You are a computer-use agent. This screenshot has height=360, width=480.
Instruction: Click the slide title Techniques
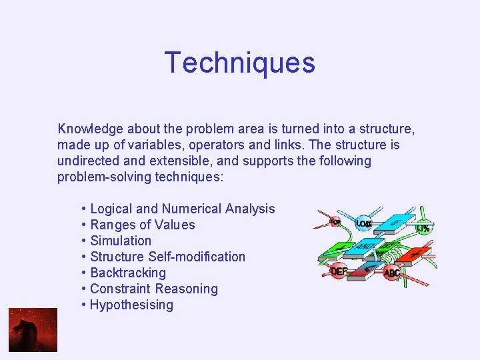coord(239,63)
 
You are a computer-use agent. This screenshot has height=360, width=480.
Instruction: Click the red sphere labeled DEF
coord(339,271)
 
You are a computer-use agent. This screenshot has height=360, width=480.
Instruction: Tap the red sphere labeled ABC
coord(393,273)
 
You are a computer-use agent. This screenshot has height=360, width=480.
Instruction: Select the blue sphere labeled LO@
coord(363,223)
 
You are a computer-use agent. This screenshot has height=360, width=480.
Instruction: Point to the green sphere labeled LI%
coord(422,227)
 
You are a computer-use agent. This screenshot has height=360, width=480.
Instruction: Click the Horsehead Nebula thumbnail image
coord(33,330)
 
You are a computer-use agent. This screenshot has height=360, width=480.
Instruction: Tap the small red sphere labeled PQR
coord(335,221)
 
